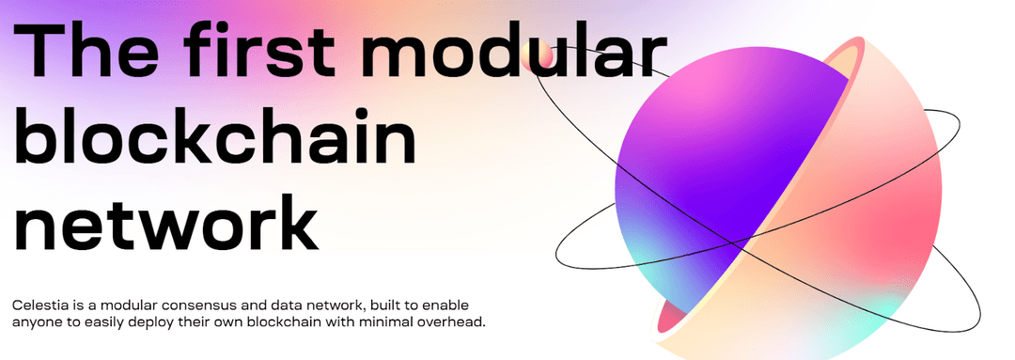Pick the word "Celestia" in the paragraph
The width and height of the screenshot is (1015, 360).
(40, 306)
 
